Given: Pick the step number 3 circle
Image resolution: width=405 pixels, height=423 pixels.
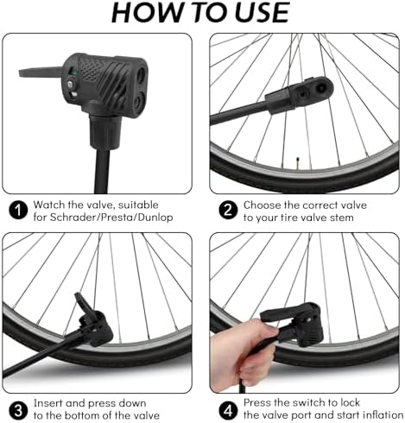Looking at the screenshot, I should point(16,408).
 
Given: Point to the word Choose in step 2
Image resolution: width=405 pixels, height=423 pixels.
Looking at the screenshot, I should point(263,205).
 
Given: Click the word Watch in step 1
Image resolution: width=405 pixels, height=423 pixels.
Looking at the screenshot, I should point(50,205).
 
